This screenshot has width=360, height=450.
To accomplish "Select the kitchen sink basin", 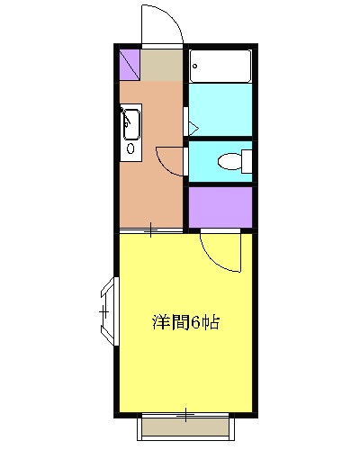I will tap(130, 121).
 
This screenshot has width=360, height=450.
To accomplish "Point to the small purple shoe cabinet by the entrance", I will tap(129, 64).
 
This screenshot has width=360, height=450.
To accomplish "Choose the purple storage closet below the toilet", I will tap(220, 206).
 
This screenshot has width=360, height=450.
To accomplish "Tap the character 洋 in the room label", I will tap(160, 321).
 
